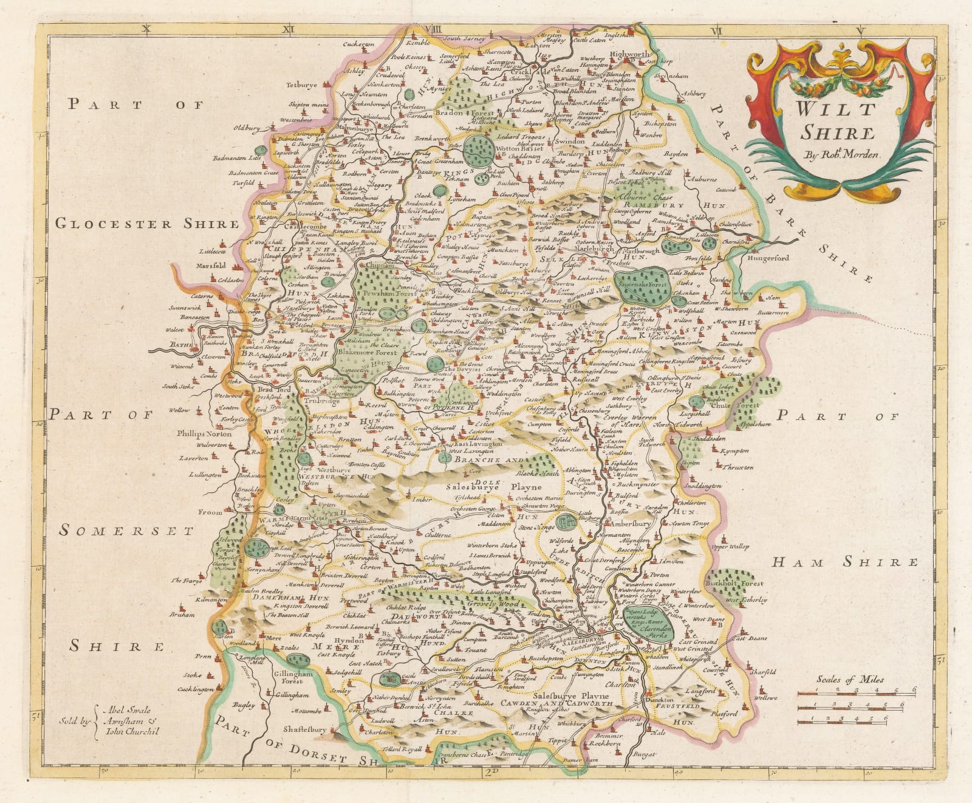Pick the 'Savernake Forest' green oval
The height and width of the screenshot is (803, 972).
click(x=644, y=283)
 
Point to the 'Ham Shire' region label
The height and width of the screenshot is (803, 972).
click(x=844, y=562)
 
